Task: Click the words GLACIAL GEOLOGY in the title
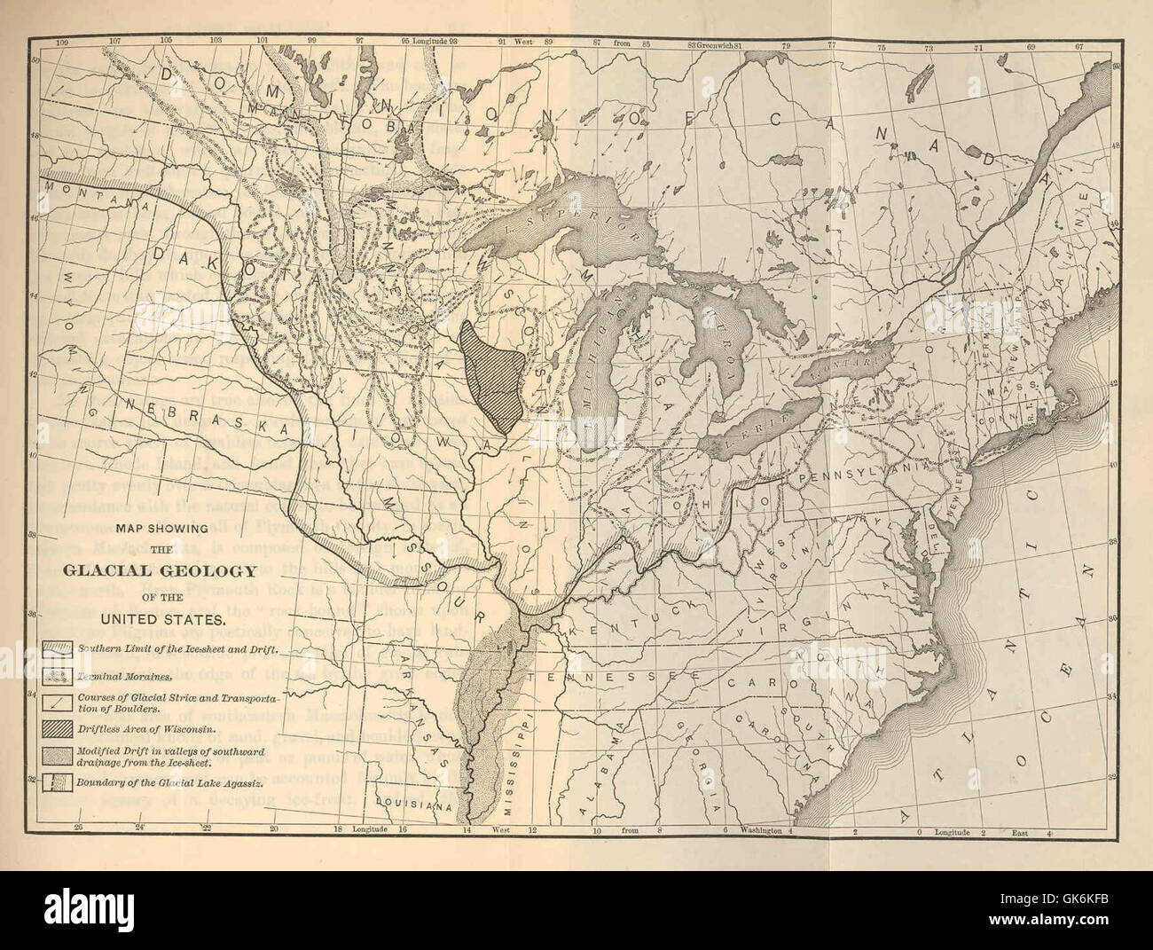(x=168, y=571)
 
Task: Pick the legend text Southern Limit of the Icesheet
(x=177, y=648)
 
